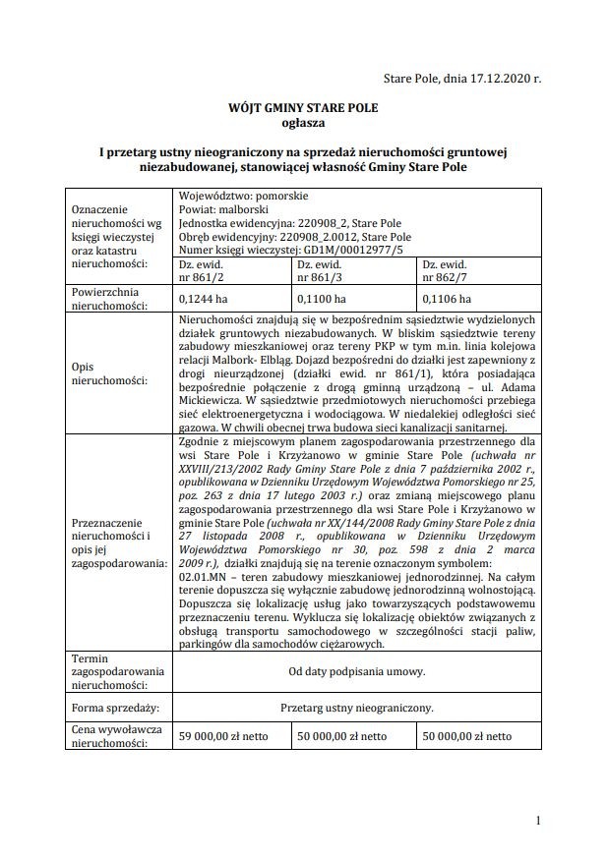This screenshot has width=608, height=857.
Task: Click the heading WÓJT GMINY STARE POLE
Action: [303, 109]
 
